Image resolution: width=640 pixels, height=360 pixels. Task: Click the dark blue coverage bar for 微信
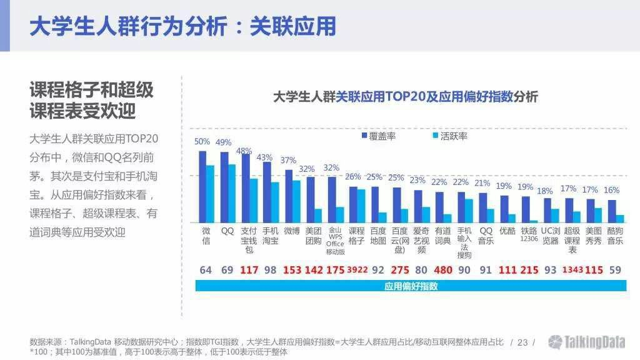point(202,186)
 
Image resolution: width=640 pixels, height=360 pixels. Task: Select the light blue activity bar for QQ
point(232,193)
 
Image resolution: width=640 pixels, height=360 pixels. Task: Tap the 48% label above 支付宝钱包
point(244,151)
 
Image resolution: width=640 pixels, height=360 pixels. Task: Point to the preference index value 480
point(442,270)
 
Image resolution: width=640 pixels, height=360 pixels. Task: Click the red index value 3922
point(357,270)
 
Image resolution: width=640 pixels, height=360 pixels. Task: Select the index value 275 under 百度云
point(399,270)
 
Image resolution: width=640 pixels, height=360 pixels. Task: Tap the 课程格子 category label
point(356,236)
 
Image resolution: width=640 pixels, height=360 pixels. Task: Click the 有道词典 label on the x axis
point(442,236)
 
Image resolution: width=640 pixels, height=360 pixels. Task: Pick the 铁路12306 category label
point(529,234)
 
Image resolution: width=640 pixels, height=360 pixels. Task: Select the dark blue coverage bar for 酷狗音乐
point(612,211)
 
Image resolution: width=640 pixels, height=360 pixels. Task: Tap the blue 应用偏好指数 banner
point(411,286)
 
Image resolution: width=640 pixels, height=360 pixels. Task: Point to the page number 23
point(522,342)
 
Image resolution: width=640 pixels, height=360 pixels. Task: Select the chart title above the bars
point(405,97)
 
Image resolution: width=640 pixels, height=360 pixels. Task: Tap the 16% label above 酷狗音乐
point(612,190)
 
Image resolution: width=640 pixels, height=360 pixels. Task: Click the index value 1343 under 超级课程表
point(572,270)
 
